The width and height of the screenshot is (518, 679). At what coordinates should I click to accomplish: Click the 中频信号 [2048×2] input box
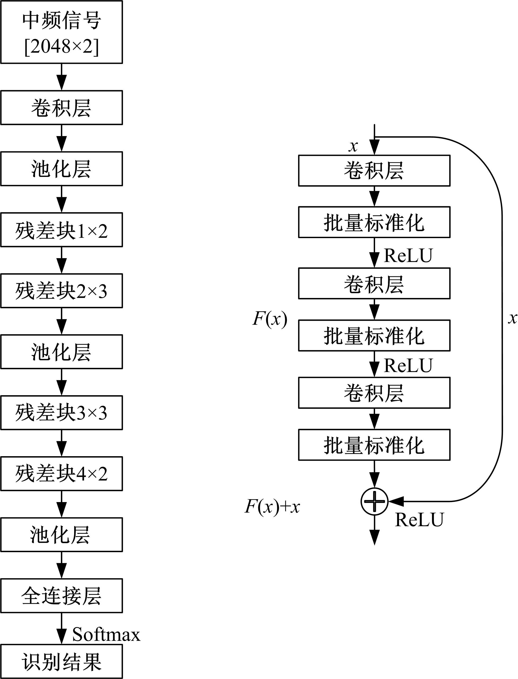[x=61, y=32]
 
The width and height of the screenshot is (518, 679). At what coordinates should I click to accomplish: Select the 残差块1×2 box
[x=61, y=230]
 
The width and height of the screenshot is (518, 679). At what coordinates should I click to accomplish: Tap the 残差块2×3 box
[x=61, y=291]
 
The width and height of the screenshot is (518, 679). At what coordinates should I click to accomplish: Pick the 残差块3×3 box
[x=61, y=413]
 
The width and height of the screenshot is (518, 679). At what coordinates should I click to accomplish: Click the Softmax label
[x=106, y=634]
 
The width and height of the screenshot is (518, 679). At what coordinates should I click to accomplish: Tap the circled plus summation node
[x=374, y=502]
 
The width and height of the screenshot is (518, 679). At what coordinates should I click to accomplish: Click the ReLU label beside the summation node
[x=419, y=520]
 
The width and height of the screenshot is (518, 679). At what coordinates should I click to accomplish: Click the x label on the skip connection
[x=512, y=318]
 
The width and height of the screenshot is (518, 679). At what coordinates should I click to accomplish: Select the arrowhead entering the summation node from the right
[x=395, y=502]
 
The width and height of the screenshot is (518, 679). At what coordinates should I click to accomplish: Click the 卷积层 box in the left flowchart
[x=61, y=108]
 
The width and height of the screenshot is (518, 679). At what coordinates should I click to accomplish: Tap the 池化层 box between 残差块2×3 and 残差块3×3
[x=61, y=352]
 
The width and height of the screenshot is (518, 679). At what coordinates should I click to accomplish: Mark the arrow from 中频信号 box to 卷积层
[x=62, y=77]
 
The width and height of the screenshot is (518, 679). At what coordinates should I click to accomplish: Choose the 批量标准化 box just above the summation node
[x=374, y=445]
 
